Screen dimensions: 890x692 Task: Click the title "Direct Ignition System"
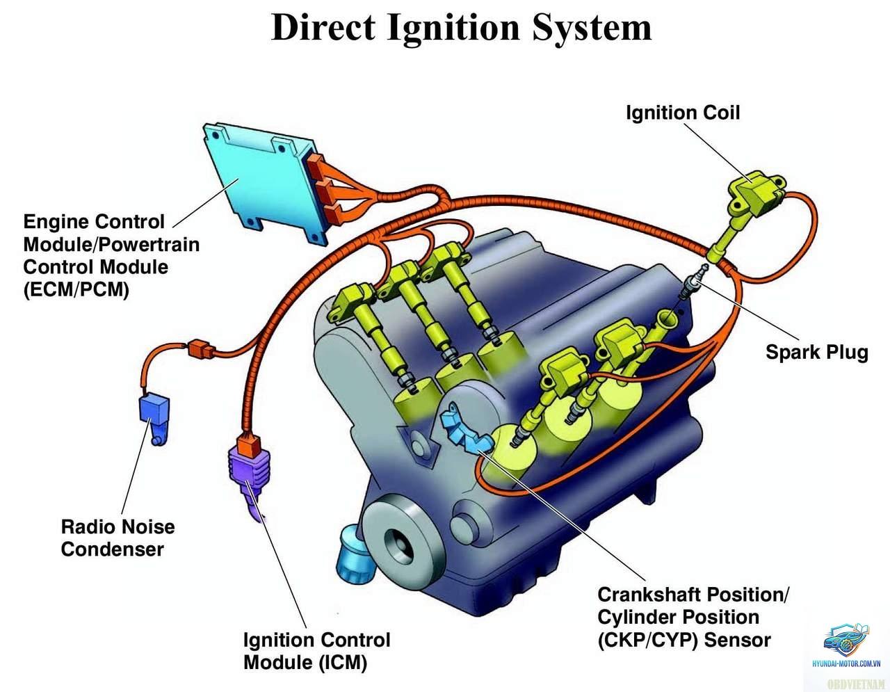click(x=461, y=29)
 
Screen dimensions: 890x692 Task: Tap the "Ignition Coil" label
click(x=683, y=113)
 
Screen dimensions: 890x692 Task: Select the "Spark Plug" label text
click(x=817, y=352)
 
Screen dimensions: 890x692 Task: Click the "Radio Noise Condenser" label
click(x=118, y=538)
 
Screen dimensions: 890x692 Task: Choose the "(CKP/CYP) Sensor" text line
click(x=684, y=641)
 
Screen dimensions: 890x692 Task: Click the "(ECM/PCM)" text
click(x=76, y=290)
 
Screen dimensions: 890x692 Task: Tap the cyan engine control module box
click(x=262, y=182)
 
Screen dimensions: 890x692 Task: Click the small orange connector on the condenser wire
click(x=201, y=349)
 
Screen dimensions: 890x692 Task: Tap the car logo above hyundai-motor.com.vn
click(x=846, y=640)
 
